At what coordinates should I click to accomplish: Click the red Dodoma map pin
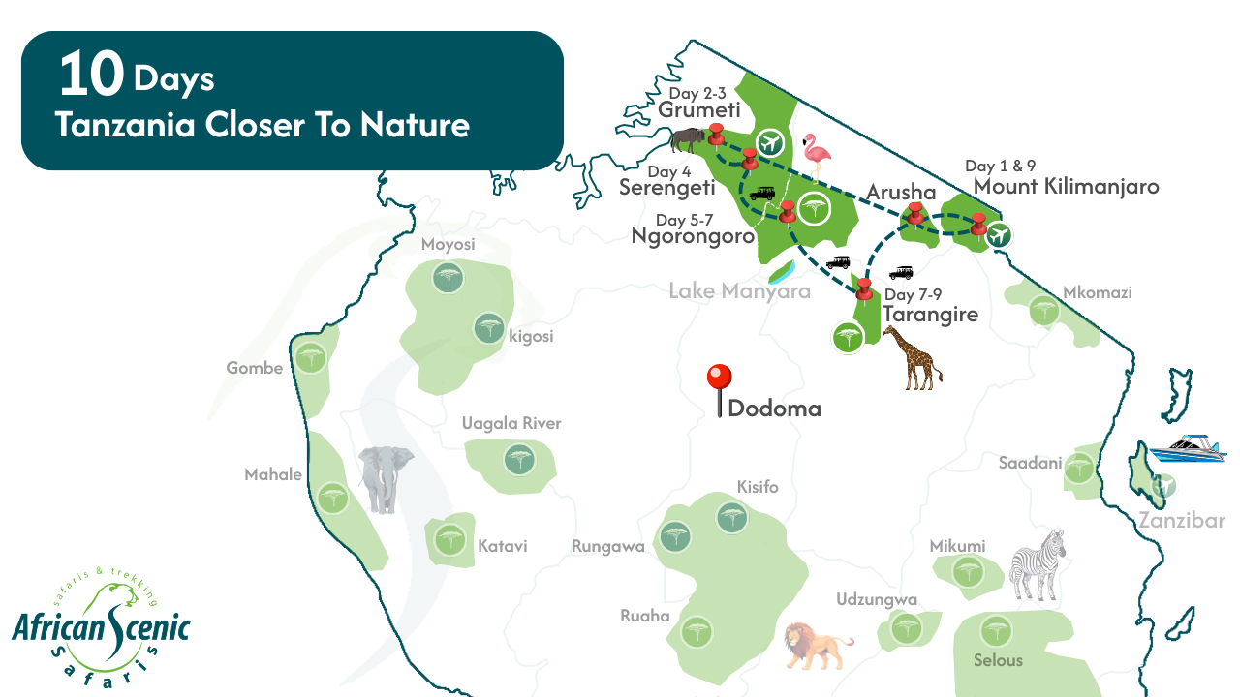coord(719,379)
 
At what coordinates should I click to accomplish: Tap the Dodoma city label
coord(774,409)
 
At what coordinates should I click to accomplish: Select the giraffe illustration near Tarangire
coord(911,357)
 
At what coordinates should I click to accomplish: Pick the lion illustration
coord(817,645)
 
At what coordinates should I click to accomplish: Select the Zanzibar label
coord(1182,521)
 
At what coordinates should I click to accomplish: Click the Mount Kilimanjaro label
coord(1066,186)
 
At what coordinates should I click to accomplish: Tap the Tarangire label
coord(930,314)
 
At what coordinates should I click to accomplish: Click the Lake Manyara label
coord(739,290)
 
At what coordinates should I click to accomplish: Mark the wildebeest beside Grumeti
coord(689,140)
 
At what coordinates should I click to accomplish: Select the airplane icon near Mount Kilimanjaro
coord(1000,234)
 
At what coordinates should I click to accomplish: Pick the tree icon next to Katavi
coord(449,538)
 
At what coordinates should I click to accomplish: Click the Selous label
coord(998,660)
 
